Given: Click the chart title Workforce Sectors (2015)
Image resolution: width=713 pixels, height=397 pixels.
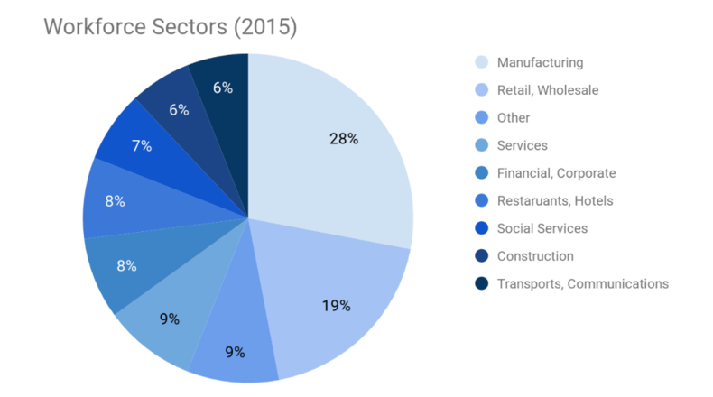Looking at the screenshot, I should click(171, 27).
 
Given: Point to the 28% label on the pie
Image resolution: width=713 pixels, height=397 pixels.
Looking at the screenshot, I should click(345, 139).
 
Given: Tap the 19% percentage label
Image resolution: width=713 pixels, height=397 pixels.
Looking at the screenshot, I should click(337, 305).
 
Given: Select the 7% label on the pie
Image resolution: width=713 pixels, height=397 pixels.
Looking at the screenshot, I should click(141, 145).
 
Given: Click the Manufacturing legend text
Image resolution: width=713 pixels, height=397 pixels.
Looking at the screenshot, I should click(540, 62).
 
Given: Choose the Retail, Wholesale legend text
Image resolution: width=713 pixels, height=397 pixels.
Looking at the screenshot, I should click(548, 89).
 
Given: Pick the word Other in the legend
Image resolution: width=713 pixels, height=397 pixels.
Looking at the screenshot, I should click(514, 117).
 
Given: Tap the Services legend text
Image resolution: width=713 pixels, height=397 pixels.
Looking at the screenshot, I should click(522, 145).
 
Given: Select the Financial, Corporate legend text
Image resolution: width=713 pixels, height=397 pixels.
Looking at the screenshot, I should click(556, 173).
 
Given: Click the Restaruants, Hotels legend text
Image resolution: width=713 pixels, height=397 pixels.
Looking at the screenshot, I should click(554, 200).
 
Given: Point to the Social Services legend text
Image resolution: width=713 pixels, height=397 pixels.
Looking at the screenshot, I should click(542, 228).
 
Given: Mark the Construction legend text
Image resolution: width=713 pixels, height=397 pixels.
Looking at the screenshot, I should click(535, 256).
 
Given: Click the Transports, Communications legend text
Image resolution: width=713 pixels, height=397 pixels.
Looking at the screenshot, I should click(583, 283).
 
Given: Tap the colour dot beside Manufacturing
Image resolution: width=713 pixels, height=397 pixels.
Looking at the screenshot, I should click(482, 62).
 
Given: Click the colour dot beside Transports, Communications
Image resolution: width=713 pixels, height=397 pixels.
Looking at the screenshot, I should click(482, 283).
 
